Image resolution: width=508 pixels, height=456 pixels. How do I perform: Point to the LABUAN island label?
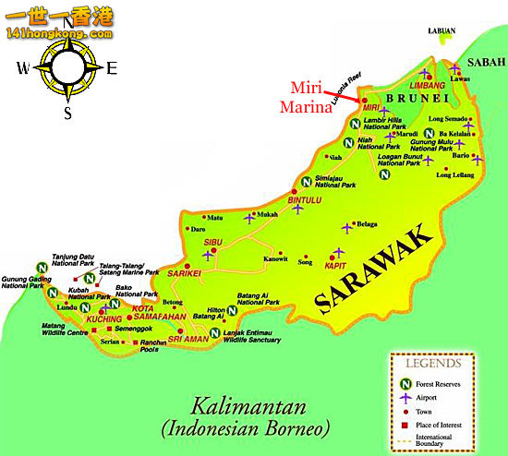click(441, 30)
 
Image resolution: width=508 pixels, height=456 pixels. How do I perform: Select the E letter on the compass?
click(112, 67)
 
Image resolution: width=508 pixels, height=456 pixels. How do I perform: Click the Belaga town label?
click(369, 223)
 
